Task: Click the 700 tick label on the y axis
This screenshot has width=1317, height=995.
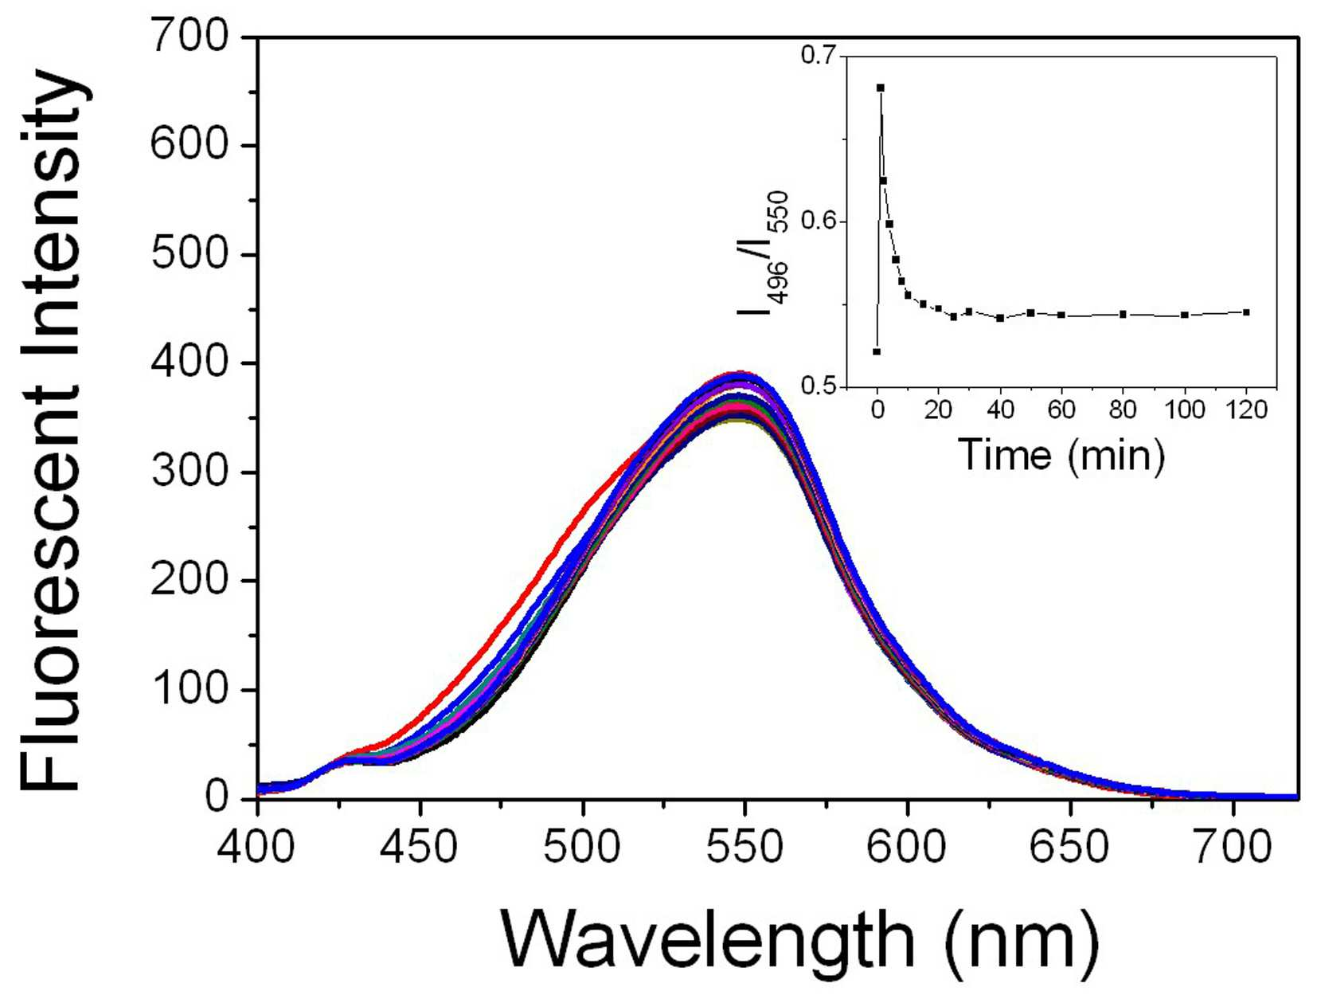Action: [190, 37]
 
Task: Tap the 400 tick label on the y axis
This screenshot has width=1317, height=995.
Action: [190, 363]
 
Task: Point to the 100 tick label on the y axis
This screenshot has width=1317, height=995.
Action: [190, 690]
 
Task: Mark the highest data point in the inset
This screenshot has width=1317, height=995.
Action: [880, 88]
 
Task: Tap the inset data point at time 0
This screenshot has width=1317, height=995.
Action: [877, 351]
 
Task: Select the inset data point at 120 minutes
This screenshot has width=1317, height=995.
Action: [1246, 312]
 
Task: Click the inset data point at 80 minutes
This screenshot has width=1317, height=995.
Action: [1123, 314]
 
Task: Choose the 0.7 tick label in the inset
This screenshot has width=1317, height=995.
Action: [818, 57]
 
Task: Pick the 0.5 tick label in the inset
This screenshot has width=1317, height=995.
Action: [818, 386]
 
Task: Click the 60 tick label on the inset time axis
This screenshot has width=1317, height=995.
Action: [1061, 410]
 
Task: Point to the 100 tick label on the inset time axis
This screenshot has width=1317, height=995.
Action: [1184, 410]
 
